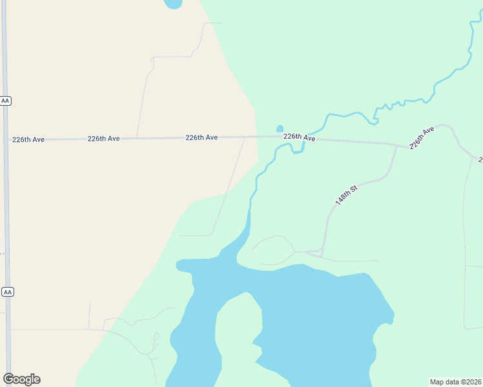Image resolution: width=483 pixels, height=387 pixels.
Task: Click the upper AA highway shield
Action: tap(6, 101)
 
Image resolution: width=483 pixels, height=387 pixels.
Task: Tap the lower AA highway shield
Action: tap(8, 292)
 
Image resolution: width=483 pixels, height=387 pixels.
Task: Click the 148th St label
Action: tap(346, 195)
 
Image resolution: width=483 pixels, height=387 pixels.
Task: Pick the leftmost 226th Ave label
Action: tap(28, 139)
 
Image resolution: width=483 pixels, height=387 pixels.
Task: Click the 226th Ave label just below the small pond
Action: tap(299, 137)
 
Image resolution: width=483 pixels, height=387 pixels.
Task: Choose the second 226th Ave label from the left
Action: tap(104, 139)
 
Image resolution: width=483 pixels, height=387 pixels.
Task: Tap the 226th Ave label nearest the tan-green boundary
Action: tap(201, 137)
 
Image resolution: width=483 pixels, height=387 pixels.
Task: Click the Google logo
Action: tap(21, 379)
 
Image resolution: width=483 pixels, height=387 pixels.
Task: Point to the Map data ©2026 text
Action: tap(455, 382)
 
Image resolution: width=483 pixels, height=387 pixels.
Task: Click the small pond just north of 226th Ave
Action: tap(280, 128)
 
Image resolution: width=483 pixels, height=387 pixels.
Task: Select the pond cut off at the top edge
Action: tap(173, 4)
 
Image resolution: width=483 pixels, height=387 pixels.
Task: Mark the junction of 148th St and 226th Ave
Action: tap(396, 145)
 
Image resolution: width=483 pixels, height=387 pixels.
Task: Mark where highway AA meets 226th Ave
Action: tap(5, 139)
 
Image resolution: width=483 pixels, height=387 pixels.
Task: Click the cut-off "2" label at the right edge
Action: tap(480, 159)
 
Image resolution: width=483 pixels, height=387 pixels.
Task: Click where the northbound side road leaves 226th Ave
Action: tap(137, 138)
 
